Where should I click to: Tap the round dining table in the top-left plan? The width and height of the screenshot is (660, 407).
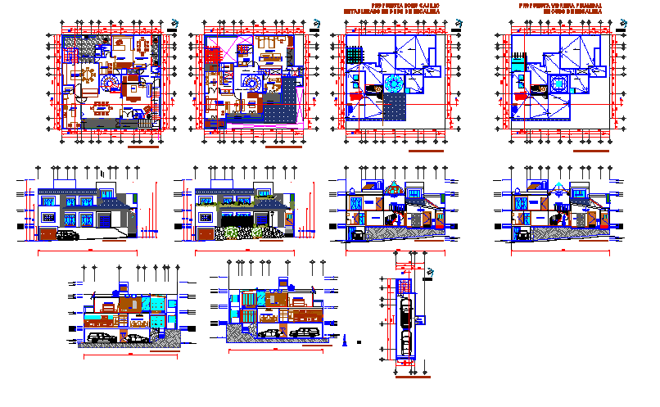point(86,75)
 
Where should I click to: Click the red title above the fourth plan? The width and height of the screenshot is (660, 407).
point(554,9)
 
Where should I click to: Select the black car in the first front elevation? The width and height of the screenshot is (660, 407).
point(66,235)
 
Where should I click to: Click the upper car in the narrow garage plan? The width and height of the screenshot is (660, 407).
point(405,312)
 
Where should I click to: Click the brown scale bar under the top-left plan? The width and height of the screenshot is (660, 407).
point(143,149)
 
